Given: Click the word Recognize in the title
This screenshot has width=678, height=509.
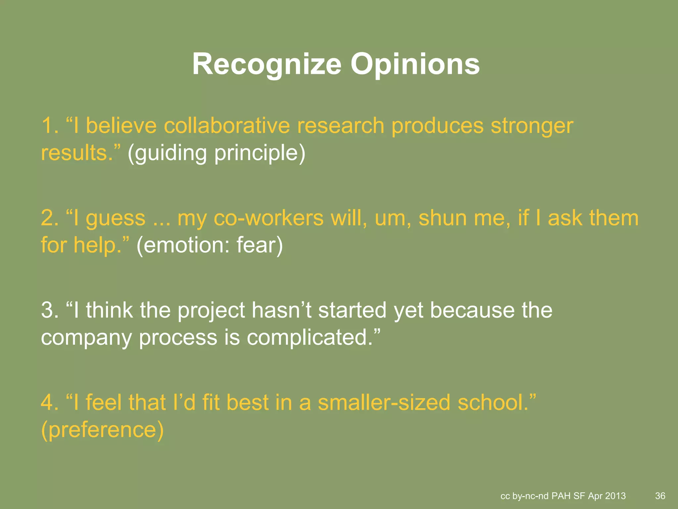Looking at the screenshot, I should click(x=266, y=65).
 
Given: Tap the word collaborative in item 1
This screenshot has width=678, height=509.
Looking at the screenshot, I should click(x=227, y=126).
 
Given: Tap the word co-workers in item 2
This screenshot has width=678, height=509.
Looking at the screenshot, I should click(x=268, y=218).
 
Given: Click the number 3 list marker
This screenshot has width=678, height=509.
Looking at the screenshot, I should click(x=49, y=311).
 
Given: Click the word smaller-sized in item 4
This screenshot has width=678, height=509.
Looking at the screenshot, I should click(x=384, y=402).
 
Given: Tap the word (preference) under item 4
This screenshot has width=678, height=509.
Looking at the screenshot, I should click(x=102, y=430).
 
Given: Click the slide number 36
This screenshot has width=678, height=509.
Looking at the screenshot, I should click(x=660, y=496).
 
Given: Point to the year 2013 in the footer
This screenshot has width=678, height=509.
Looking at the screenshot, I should click(x=615, y=496).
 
